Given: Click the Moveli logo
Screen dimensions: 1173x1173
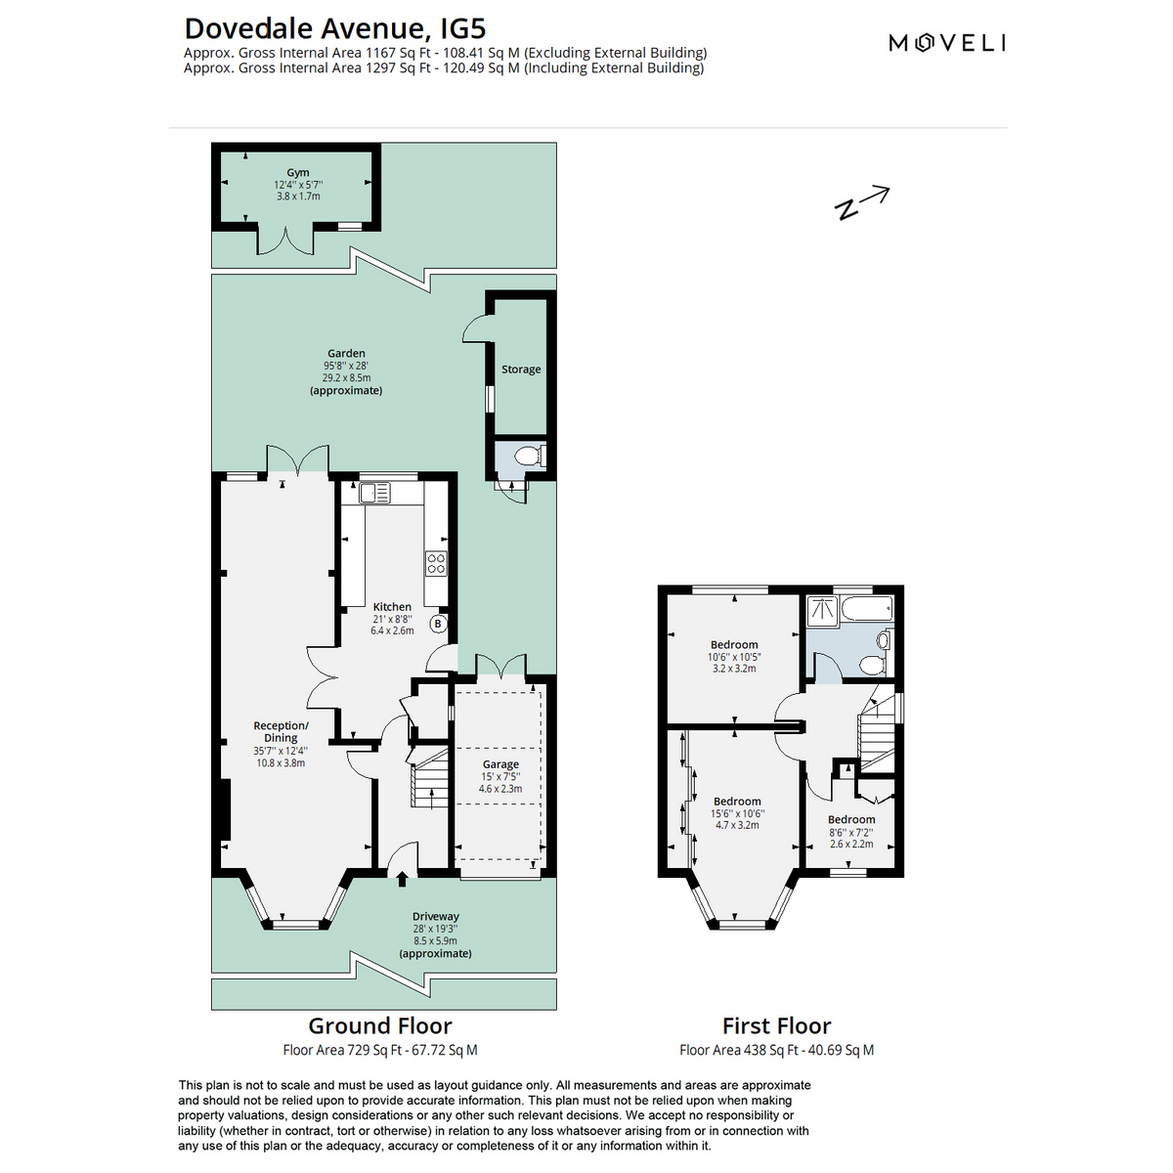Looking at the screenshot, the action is tap(946, 43).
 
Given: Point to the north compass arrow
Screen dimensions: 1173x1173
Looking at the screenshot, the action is tap(862, 202).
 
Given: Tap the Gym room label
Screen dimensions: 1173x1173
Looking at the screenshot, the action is tap(298, 172).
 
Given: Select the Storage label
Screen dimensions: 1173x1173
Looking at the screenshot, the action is tap(521, 369).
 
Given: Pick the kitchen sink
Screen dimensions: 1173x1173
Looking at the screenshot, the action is tap(374, 493).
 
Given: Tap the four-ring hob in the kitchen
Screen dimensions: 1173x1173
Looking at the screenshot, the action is tap(436, 563).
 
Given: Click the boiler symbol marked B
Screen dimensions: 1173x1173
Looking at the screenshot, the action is tap(438, 624).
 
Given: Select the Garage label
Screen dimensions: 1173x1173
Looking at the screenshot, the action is tap(501, 764).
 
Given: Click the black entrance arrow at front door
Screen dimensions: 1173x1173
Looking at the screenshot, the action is tap(402, 879).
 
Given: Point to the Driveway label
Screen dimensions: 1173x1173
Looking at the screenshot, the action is tap(435, 916).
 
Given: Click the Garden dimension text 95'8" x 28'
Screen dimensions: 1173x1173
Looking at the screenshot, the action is tap(346, 366).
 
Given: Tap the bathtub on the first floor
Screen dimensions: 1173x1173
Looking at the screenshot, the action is tap(866, 609).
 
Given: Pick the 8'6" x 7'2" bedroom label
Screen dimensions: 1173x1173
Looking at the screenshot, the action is tap(851, 832).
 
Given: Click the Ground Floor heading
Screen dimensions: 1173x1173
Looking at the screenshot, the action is tap(380, 1025).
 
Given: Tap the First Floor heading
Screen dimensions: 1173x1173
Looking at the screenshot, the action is tap(777, 1025).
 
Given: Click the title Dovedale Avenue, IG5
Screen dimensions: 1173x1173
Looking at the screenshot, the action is tap(335, 28).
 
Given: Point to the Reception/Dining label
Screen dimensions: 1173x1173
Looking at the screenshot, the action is tap(281, 731).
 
